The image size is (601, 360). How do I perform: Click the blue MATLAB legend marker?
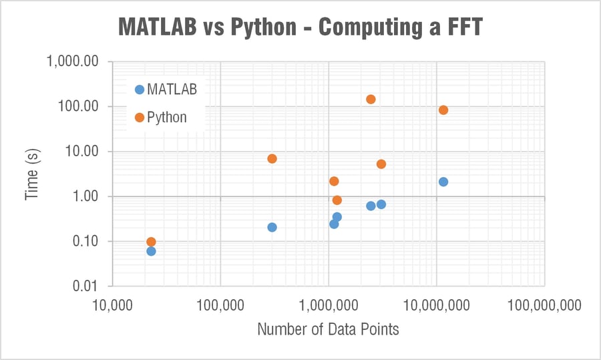click(139, 89)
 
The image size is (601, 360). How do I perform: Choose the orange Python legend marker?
click(139, 118)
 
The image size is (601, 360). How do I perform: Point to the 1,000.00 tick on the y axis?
click(73, 61)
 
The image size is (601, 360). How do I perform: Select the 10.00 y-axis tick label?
click(82, 152)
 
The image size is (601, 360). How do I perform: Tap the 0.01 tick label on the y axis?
click(86, 287)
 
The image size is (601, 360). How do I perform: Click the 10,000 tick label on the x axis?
click(112, 305)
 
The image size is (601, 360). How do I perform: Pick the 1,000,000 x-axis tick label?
click(329, 305)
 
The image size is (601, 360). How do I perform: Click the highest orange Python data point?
click(371, 100)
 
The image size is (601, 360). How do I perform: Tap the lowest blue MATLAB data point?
click(151, 251)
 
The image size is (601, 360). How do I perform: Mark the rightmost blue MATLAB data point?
click(443, 182)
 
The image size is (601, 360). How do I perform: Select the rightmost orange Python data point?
click(443, 110)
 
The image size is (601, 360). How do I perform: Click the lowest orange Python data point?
click(151, 242)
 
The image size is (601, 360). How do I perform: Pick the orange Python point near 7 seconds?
click(272, 159)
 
